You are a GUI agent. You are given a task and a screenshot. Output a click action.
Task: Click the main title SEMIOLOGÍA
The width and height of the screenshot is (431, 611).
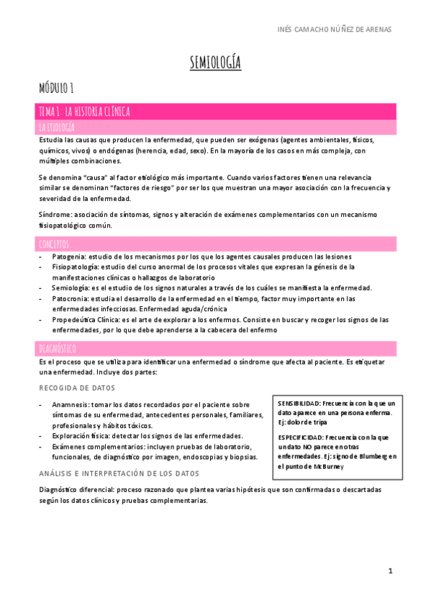215,64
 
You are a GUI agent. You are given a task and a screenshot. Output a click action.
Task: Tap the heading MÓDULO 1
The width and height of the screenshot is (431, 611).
57,89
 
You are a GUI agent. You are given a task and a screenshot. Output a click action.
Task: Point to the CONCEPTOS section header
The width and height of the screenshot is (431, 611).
55,244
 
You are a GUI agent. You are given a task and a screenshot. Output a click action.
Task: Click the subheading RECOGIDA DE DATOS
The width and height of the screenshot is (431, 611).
77,388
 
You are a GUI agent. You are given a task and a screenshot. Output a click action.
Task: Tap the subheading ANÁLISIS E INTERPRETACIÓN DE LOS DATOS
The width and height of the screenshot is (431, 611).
119,473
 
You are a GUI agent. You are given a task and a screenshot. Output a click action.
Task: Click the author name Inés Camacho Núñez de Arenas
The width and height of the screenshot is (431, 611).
335,30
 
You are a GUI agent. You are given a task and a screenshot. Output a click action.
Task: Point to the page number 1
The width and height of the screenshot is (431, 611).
390,571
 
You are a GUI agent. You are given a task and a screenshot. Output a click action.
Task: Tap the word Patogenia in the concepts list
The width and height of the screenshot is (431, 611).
69,257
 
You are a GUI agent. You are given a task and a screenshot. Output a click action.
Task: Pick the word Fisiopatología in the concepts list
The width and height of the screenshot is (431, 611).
76,267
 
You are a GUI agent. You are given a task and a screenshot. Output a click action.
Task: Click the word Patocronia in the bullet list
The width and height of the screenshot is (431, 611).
71,298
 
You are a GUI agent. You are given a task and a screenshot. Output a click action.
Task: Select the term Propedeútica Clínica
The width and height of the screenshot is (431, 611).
86,319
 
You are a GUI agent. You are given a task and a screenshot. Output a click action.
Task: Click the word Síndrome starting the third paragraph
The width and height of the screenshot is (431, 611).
55,215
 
